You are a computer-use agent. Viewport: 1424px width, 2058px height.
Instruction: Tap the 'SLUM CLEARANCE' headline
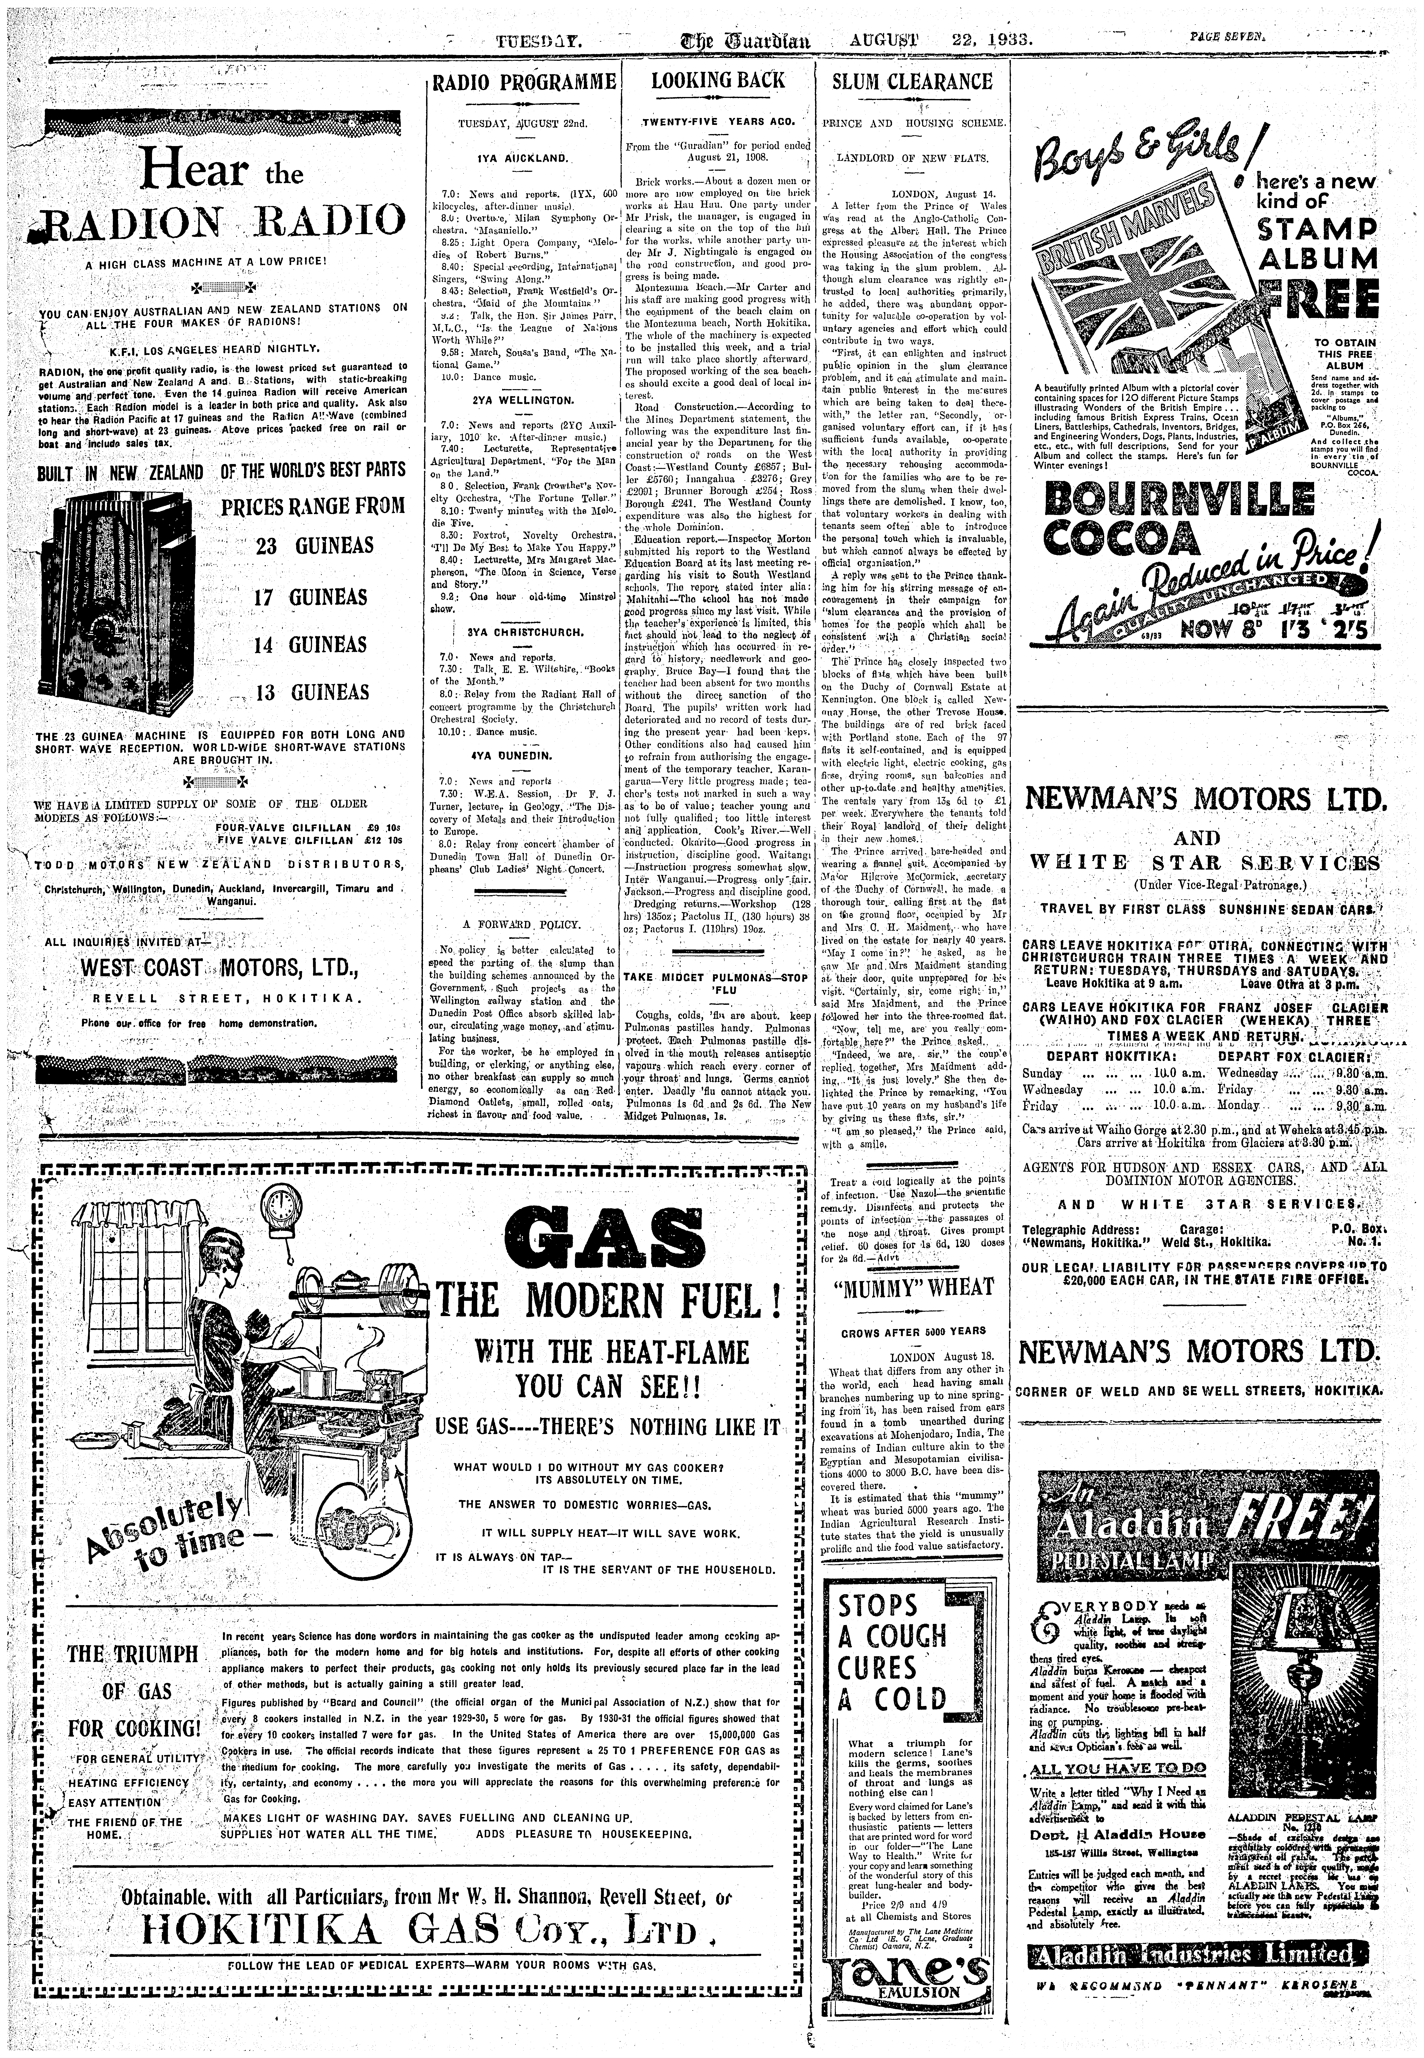point(912,81)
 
